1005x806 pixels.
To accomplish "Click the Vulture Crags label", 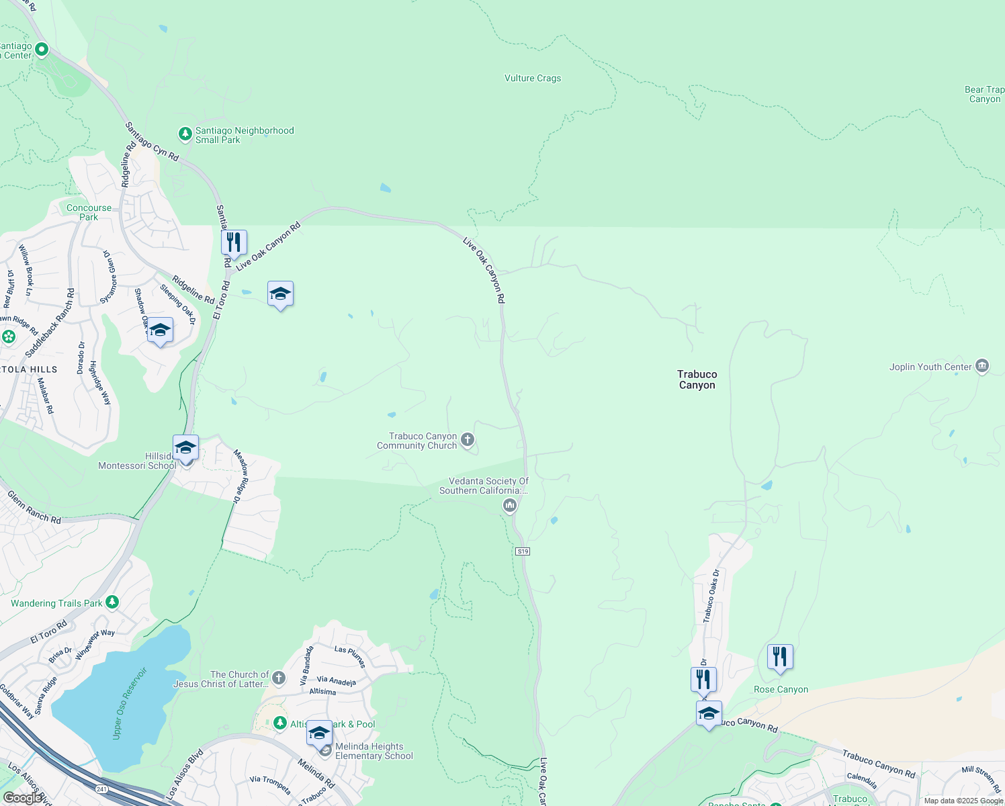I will pyautogui.click(x=533, y=79).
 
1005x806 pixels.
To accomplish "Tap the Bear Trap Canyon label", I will pyautogui.click(x=985, y=95).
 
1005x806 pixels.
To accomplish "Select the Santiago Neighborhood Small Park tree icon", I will pyautogui.click(x=185, y=134).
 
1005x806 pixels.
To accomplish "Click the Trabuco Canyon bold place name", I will pyautogui.click(x=697, y=379).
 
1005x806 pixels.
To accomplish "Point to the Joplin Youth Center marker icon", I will pyautogui.click(x=981, y=366).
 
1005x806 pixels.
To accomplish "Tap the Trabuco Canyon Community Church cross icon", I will pyautogui.click(x=468, y=440).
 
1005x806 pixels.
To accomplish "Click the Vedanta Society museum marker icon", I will pyautogui.click(x=510, y=505).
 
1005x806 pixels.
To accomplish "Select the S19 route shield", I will pyautogui.click(x=523, y=551).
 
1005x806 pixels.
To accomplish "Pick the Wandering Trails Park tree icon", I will pyautogui.click(x=112, y=602).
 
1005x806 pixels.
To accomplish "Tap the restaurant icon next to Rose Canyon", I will pyautogui.click(x=780, y=656).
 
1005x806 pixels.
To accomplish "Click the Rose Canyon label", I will pyautogui.click(x=781, y=689).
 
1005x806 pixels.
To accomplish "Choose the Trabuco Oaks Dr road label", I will pyautogui.click(x=711, y=596).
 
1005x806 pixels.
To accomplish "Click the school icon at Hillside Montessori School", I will pyautogui.click(x=185, y=447).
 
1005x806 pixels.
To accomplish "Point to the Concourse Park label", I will pyautogui.click(x=89, y=212).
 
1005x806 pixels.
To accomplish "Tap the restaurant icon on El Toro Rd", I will pyautogui.click(x=234, y=242).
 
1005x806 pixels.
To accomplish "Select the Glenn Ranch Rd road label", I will pyautogui.click(x=34, y=507).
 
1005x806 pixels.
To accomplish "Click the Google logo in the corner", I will pyautogui.click(x=23, y=798).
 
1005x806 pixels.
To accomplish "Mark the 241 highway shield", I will pyautogui.click(x=101, y=789).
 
